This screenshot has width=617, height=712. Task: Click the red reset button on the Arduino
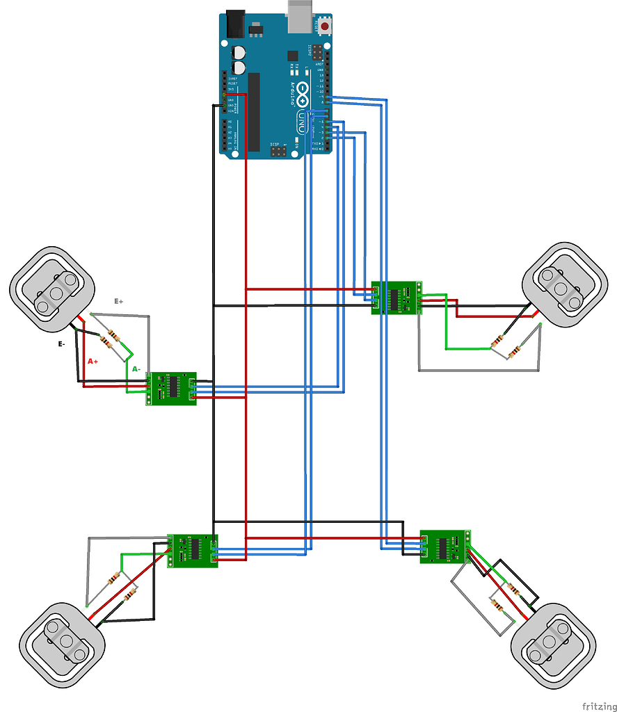[324, 27]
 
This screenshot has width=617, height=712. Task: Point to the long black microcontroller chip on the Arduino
[254, 111]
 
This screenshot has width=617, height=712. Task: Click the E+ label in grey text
[119, 302]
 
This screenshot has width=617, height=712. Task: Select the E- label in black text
[62, 343]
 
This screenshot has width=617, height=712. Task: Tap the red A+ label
[93, 362]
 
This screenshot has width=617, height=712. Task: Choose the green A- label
[136, 369]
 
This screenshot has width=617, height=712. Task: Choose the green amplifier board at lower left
[193, 551]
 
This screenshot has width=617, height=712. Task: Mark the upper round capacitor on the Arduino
[239, 52]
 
